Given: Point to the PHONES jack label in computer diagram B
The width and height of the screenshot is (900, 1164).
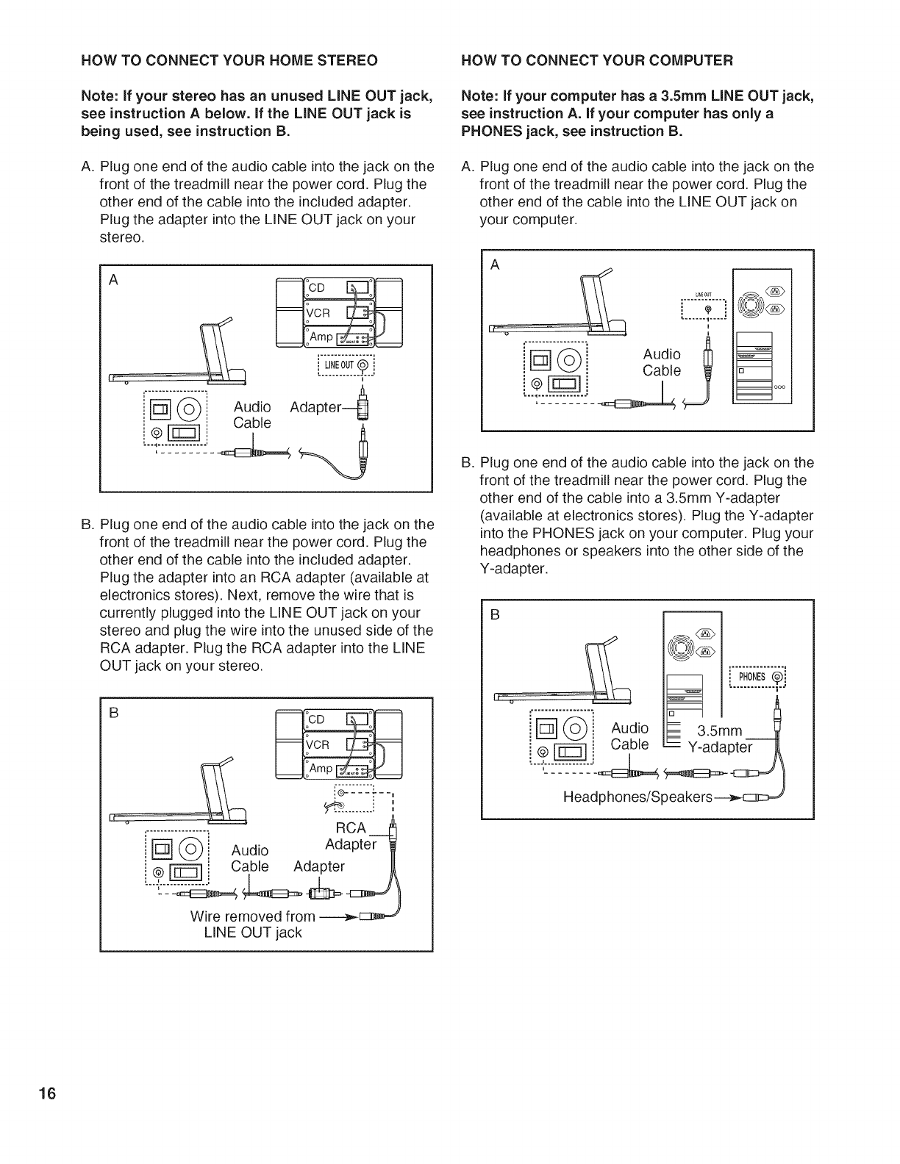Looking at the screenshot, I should pos(751,677).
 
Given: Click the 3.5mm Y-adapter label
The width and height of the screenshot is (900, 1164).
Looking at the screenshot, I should pos(720,739).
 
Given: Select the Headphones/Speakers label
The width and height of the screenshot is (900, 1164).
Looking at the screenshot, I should pos(637,797).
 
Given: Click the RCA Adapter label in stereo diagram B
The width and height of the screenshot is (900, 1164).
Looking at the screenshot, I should pos(351,836).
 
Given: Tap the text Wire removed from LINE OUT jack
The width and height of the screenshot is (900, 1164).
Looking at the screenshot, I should pos(252,924).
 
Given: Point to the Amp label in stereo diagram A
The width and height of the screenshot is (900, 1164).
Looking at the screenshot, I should pos(321,335).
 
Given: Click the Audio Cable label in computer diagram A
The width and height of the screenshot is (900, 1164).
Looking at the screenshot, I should pos(662,363).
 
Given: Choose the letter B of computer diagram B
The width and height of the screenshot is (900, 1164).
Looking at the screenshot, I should pos(495,615).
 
